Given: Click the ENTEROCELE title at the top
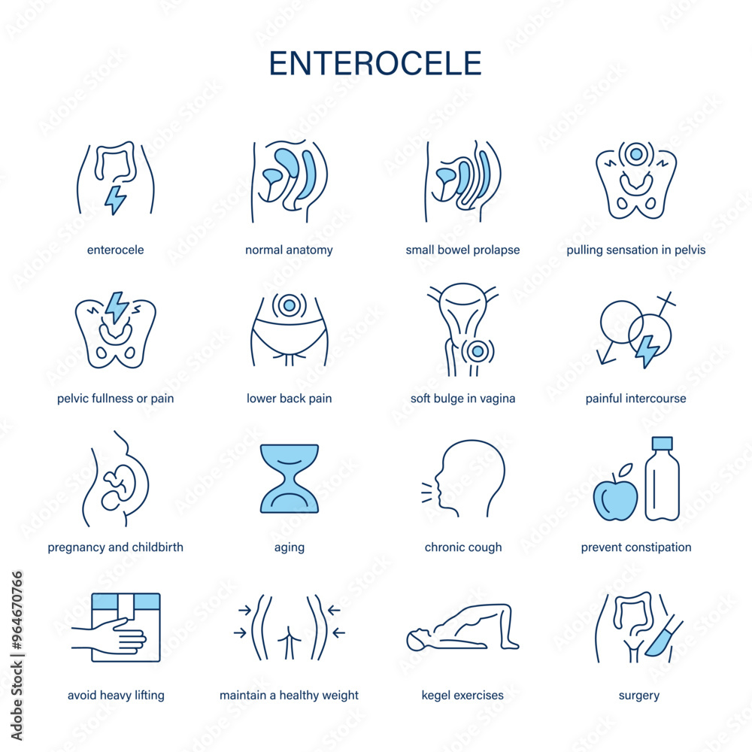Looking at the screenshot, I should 375,63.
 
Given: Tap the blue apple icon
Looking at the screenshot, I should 615,496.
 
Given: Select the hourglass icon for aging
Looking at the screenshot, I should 290,478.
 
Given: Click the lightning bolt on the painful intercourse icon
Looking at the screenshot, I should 646,350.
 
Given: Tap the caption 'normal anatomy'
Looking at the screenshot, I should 289,250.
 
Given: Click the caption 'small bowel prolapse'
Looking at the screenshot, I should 462,250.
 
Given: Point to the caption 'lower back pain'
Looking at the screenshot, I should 289,399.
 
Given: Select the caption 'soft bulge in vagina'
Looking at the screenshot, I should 462,399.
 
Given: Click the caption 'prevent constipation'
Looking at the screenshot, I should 636,547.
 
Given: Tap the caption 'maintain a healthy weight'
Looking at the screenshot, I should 289,696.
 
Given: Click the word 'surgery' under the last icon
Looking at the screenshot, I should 638,696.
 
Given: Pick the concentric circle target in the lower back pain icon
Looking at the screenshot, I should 289,305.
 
